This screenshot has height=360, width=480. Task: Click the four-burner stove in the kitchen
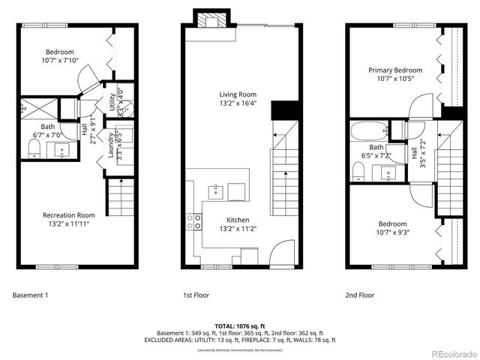(x=193, y=220)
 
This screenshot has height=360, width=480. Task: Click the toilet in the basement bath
(x=34, y=152)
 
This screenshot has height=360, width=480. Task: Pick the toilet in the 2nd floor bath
(x=358, y=172)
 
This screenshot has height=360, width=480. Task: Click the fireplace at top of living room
(x=206, y=19)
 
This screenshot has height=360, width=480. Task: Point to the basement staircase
(x=118, y=196)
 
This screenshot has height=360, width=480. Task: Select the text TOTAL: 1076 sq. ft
(x=239, y=326)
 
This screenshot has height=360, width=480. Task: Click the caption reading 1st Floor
(x=196, y=295)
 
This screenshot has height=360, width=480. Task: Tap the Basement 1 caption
(x=31, y=295)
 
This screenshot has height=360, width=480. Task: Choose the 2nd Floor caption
(x=359, y=295)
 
